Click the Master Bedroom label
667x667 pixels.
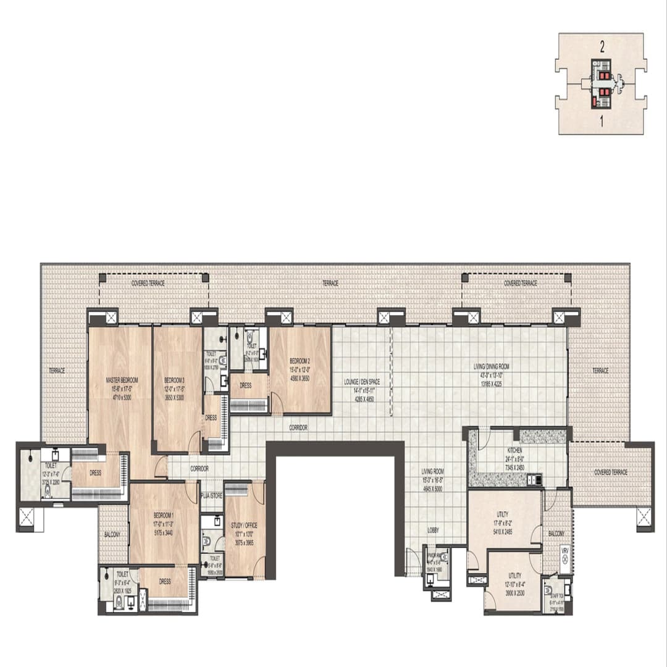pyautogui.click(x=121, y=380)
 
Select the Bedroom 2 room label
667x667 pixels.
pyautogui.click(x=300, y=361)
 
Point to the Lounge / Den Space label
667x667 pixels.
pyautogui.click(x=361, y=382)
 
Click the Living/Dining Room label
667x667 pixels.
pyautogui.click(x=492, y=366)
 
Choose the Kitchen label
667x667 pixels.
pyautogui.click(x=514, y=451)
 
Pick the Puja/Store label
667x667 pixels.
pyautogui.click(x=212, y=495)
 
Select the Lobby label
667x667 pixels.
pyautogui.click(x=433, y=531)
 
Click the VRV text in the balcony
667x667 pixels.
pyautogui.click(x=564, y=549)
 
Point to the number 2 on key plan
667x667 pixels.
pyautogui.click(x=601, y=45)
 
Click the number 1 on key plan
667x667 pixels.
pyautogui.click(x=601, y=122)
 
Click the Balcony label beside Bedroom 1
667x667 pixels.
pyautogui.click(x=112, y=534)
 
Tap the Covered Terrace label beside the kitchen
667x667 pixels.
pyautogui.click(x=610, y=472)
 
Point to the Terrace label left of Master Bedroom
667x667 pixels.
pyautogui.click(x=57, y=371)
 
